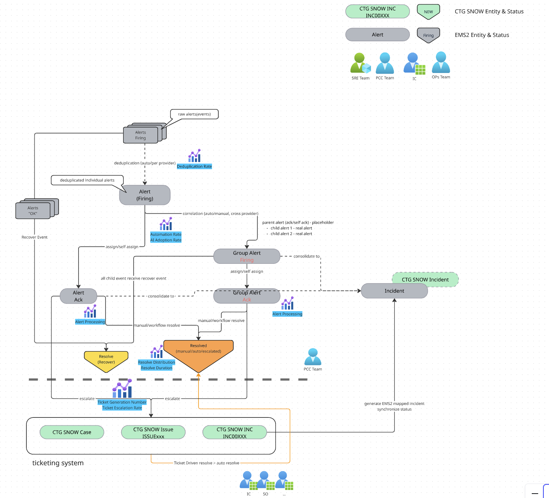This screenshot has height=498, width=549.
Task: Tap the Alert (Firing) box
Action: point(145,195)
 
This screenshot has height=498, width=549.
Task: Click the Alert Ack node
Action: point(78,296)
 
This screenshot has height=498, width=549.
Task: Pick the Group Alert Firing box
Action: point(247,256)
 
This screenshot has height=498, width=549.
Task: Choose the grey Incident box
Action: point(394,291)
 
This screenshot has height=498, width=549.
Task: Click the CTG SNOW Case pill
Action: point(72,432)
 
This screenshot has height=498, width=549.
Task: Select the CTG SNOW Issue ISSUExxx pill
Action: point(153,432)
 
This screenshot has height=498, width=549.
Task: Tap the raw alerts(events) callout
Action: point(194,114)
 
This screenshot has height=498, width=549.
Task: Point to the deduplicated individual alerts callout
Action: point(87,180)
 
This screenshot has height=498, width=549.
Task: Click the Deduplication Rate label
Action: point(194,166)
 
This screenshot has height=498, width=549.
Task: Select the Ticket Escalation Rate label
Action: point(122,408)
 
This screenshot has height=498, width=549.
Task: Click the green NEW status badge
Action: point(428,12)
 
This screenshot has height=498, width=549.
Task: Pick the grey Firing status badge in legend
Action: point(428,35)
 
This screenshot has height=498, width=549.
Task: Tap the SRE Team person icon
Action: point(361,63)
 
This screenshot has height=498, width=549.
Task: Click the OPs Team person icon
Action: point(441,63)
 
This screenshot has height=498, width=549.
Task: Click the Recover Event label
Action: point(34,237)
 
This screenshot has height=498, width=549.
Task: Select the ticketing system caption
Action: point(58,463)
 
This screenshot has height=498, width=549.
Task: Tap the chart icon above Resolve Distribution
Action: point(156,352)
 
